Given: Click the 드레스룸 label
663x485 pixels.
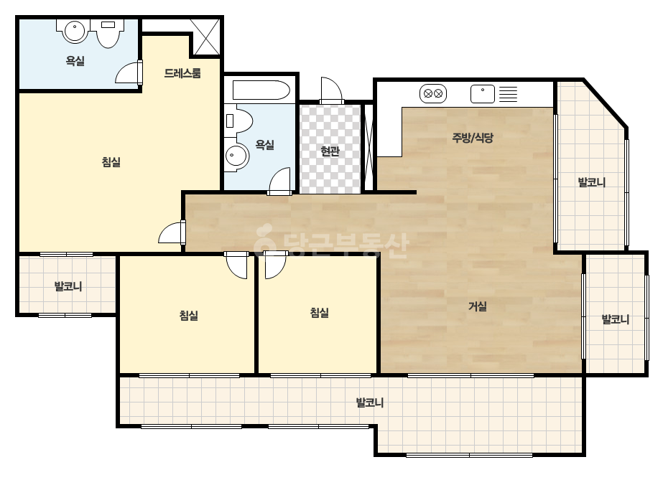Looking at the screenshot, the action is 182,73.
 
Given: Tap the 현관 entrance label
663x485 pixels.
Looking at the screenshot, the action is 330,151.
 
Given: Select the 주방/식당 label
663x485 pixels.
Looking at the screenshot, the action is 473,137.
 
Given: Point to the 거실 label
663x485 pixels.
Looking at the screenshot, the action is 478,306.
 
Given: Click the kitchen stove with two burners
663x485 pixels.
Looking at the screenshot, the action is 433,94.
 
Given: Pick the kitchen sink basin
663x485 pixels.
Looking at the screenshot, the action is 483,94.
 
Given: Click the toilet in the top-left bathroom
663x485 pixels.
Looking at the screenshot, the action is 108,33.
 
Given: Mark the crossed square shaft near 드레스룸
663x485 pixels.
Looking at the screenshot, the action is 206,37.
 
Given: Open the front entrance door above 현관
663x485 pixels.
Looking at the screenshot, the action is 332,90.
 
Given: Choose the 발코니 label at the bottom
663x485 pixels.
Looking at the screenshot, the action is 369,402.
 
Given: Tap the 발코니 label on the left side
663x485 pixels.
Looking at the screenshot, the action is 68,286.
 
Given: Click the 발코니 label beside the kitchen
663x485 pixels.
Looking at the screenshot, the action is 592,182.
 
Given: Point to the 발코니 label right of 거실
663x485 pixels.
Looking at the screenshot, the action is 615,319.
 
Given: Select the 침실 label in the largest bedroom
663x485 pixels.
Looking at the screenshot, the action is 111,162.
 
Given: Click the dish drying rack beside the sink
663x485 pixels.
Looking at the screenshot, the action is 509,94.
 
